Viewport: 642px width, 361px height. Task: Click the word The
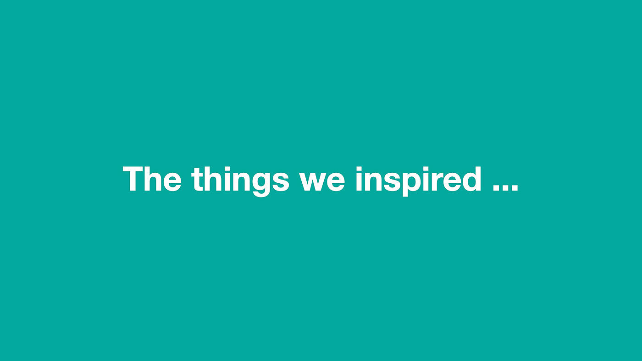coord(152,179)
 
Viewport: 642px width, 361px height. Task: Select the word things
coord(240,181)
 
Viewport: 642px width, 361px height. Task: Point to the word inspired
coord(418,181)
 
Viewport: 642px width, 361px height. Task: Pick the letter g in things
coord(262,185)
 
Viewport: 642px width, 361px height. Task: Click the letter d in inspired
coord(472,179)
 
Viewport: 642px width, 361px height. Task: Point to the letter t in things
coord(197,180)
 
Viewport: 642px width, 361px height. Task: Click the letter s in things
coord(281,182)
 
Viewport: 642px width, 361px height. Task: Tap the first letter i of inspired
coord(359,179)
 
